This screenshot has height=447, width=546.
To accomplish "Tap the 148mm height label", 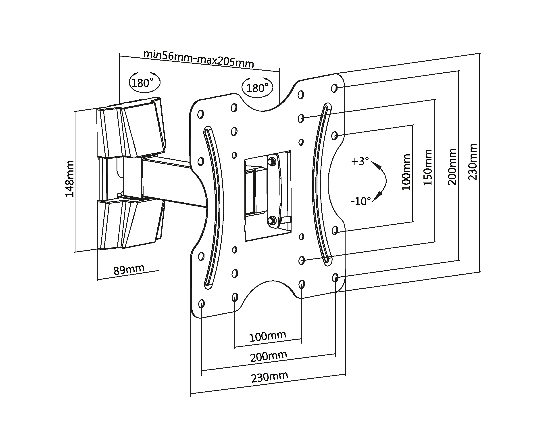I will [69, 179].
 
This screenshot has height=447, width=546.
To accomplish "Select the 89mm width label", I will [129, 270].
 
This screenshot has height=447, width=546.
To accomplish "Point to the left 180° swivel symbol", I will [144, 82].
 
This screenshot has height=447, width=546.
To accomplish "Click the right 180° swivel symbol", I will [257, 88].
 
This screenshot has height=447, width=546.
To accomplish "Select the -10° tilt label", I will [361, 201].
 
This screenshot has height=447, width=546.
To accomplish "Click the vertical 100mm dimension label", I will [406, 172].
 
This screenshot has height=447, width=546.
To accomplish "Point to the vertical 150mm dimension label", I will [428, 167].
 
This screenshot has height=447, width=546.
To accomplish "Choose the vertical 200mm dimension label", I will [452, 167].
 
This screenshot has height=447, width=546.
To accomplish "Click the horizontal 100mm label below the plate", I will [268, 336].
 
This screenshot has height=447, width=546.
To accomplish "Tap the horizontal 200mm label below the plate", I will [269, 356].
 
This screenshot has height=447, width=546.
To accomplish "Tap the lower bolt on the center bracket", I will [272, 220].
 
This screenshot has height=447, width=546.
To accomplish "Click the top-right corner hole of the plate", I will [334, 88].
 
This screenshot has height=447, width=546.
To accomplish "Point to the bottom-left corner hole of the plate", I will [202, 304].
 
